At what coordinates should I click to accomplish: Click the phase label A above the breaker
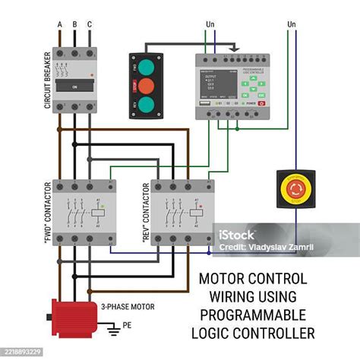coord(59,24)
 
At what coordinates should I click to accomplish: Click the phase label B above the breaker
coord(74,24)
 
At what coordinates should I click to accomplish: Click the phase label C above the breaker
coord(90,24)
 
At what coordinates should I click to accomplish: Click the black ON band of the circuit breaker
coord(75,87)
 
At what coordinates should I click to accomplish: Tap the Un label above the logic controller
coord(210,24)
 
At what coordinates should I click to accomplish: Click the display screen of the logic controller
coord(213,82)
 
